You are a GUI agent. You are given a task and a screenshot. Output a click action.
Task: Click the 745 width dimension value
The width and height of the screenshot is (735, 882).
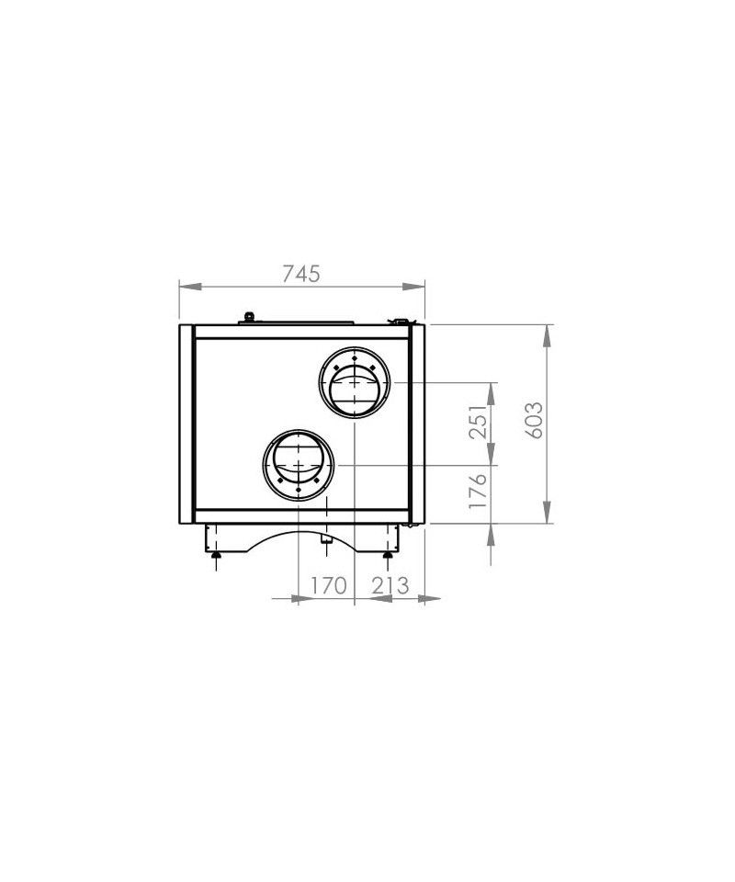point(300,274)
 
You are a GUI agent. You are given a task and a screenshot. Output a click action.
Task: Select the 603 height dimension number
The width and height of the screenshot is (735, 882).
point(534,420)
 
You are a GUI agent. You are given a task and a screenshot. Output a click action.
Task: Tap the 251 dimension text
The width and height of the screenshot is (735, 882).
point(478,422)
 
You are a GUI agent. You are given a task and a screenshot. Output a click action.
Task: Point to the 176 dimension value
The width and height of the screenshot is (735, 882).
point(478,491)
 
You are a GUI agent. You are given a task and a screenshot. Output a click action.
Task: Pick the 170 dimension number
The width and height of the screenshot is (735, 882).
point(328,585)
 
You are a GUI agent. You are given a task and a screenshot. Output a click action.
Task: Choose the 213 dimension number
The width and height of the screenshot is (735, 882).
point(390,585)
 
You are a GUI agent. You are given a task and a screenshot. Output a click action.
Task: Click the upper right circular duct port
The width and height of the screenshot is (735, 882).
point(355,382)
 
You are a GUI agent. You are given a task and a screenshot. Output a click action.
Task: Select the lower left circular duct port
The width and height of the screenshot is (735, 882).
point(298,465)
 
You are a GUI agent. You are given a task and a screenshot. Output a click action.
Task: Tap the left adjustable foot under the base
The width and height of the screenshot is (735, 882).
point(216,555)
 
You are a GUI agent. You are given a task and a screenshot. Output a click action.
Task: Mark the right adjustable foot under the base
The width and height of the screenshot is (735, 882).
point(387,555)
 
